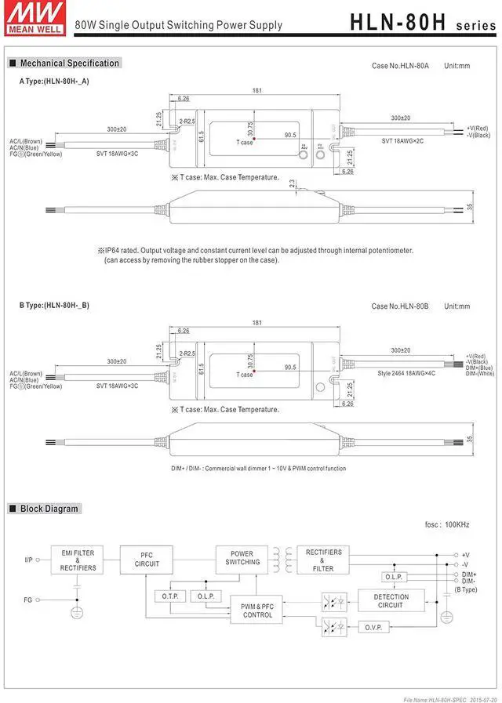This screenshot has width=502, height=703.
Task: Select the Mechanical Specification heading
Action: coord(69,63)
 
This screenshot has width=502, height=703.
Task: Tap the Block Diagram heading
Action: coord(49,509)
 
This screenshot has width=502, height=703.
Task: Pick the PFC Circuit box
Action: coord(147,560)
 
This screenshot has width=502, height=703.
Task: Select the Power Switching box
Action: coord(242,558)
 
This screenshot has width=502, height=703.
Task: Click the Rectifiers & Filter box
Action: coord(323,560)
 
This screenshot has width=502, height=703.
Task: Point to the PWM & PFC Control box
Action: coord(257,611)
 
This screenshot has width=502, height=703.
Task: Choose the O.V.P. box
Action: coord(373,628)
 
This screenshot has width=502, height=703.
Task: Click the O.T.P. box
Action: coord(169,596)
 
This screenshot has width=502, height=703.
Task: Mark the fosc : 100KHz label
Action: coord(445,524)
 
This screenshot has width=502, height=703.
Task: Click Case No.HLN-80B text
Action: coord(400,306)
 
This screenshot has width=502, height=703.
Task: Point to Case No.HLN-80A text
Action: coord(400,66)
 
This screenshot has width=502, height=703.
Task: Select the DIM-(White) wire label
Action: coord(480,374)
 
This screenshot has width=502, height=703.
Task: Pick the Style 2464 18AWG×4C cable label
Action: coord(406,374)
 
